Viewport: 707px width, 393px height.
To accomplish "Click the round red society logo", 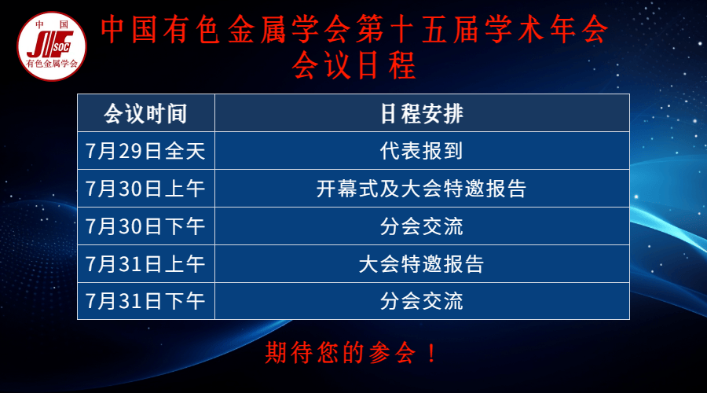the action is tap(52, 46).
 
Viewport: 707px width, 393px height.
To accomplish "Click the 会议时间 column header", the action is tap(145, 113).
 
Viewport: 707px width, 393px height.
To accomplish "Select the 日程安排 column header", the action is tap(422, 113).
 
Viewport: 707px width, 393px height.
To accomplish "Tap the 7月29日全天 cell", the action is tap(145, 151).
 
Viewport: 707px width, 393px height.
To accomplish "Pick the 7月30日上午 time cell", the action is tap(145, 189).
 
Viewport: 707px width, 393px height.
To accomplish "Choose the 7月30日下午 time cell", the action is tap(145, 226).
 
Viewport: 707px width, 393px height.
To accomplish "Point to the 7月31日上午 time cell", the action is tap(145, 264).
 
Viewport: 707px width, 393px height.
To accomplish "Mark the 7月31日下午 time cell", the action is tap(145, 301).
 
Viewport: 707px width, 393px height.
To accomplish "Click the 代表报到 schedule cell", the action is tap(422, 151).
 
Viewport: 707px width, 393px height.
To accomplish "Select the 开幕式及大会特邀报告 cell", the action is tap(422, 189).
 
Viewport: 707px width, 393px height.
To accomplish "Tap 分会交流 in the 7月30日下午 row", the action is tap(422, 226).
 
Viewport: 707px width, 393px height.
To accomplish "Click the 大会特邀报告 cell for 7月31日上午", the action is tap(422, 264).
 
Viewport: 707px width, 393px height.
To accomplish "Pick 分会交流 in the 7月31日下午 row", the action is tap(422, 301).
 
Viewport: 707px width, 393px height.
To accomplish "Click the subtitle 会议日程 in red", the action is tap(354, 66).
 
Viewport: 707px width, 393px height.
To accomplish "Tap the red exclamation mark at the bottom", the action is tap(431, 352).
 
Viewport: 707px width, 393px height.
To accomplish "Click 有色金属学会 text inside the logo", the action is tap(52, 64).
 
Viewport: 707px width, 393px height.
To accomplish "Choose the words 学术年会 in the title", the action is tap(547, 29).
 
